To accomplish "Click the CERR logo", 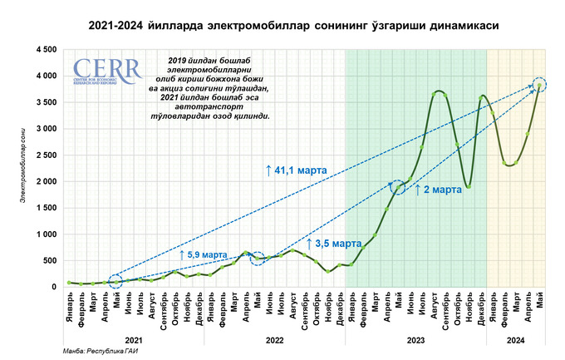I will pyautogui.click(x=96, y=72).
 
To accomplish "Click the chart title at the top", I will pyautogui.click(x=282, y=26).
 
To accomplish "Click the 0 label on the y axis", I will pyautogui.click(x=53, y=287).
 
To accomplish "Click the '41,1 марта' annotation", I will pyautogui.click(x=297, y=169).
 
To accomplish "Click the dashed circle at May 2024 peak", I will pyautogui.click(x=540, y=85).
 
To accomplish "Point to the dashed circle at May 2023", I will pyautogui.click(x=399, y=187).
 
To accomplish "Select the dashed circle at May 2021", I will pyautogui.click(x=115, y=281).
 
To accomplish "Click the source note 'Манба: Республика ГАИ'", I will pyautogui.click(x=97, y=353).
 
